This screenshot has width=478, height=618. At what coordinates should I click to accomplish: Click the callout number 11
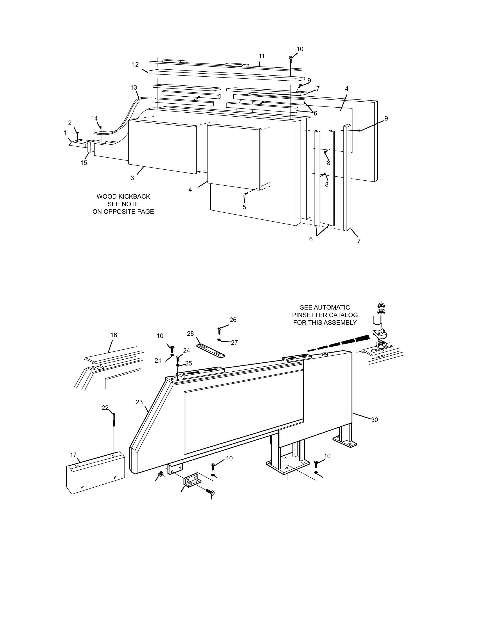[x=261, y=56]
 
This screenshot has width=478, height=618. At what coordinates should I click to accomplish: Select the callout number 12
[x=135, y=65]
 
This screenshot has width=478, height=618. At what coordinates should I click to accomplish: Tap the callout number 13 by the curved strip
[x=134, y=87]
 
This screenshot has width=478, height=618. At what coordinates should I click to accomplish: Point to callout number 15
[x=84, y=163]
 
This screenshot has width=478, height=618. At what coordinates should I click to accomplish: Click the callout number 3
[x=132, y=178]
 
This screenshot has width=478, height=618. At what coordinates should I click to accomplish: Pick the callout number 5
[x=244, y=207]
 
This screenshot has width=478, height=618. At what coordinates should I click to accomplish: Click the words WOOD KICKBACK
[x=123, y=196]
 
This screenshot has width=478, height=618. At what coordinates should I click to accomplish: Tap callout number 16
[x=114, y=335]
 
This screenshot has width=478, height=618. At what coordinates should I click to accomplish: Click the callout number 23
[x=139, y=402]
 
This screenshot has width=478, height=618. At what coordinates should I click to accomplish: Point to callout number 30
[x=374, y=420]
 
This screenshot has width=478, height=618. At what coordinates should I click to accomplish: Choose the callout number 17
[x=73, y=455]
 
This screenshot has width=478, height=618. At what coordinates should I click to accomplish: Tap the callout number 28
[x=190, y=334]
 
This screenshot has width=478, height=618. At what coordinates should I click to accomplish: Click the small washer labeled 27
[x=220, y=340]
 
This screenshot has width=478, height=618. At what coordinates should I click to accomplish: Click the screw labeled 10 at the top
[x=290, y=58]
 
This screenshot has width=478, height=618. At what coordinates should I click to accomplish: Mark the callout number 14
[x=94, y=118]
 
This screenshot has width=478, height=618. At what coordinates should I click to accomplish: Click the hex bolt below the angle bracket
[x=211, y=492]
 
